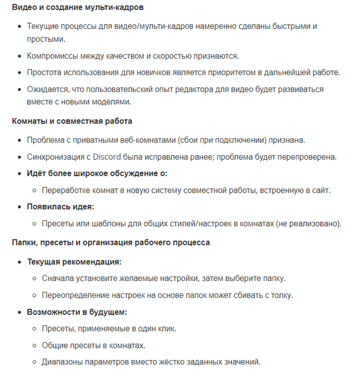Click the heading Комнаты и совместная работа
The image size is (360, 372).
pyautogui.click(x=72, y=121)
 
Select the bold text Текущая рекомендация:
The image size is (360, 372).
pyautogui.click(x=74, y=262)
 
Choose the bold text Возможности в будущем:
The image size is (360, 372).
pyautogui.click(x=77, y=312)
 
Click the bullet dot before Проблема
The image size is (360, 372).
pyautogui.click(x=19, y=140)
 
